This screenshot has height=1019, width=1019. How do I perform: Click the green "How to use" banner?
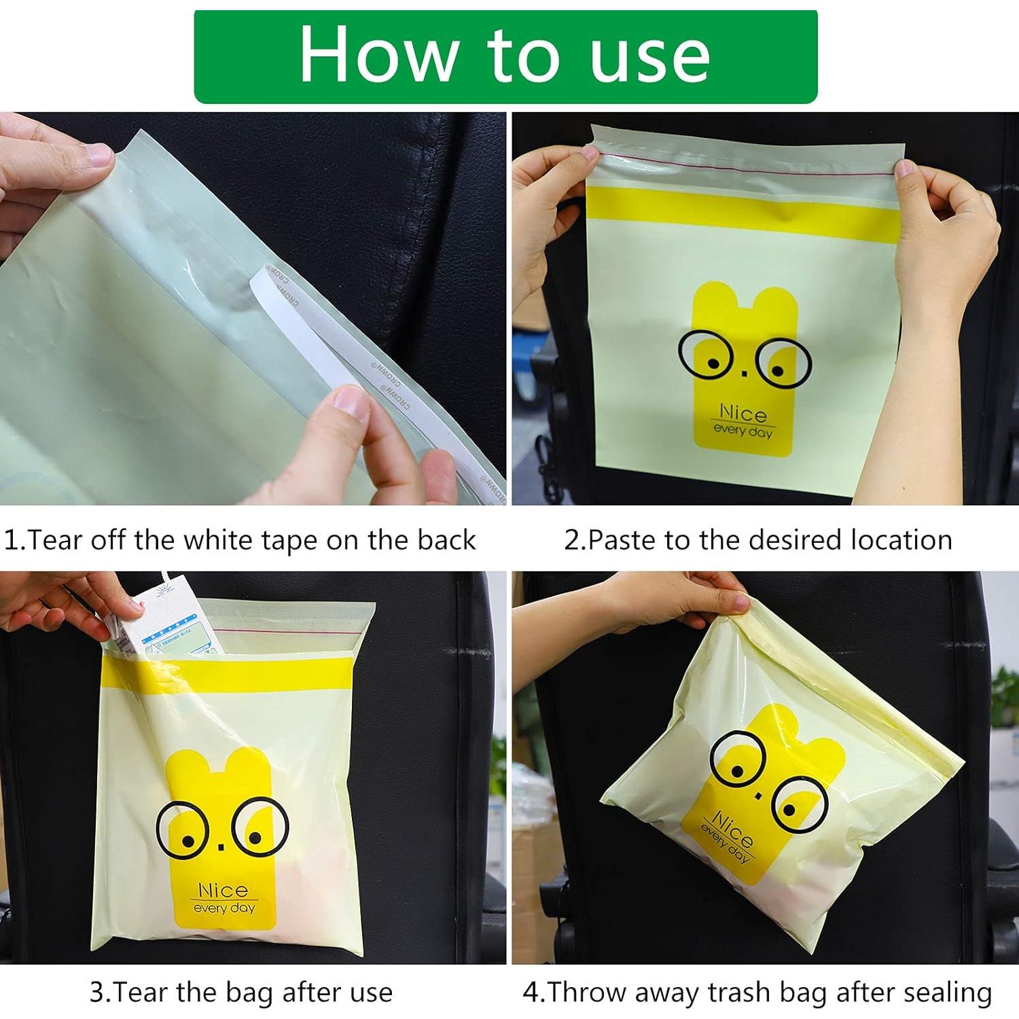(505, 56)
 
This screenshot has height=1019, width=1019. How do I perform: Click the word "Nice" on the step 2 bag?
(743, 414)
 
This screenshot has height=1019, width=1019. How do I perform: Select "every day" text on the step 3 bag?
(224, 908)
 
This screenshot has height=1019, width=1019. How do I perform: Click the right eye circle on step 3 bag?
(260, 829)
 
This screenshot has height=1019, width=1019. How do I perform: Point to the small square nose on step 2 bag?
(743, 371)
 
